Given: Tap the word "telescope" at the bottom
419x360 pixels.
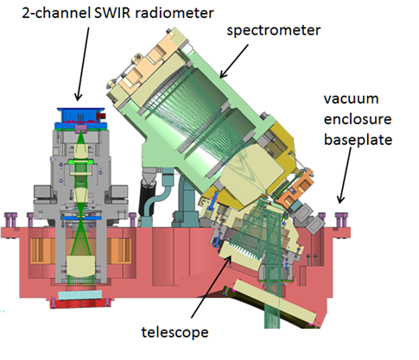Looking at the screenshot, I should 177,331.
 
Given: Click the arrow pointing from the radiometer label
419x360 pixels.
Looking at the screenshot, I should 79,69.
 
